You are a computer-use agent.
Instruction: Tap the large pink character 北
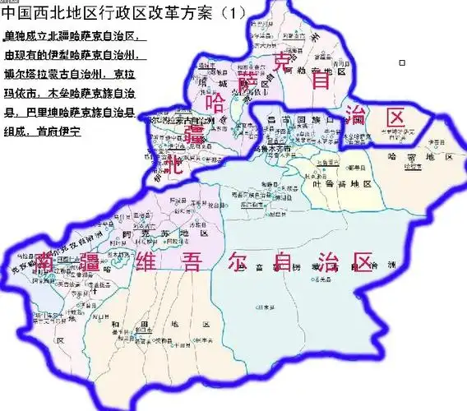click(172, 166)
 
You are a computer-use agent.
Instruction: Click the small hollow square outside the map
click(401, 62)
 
